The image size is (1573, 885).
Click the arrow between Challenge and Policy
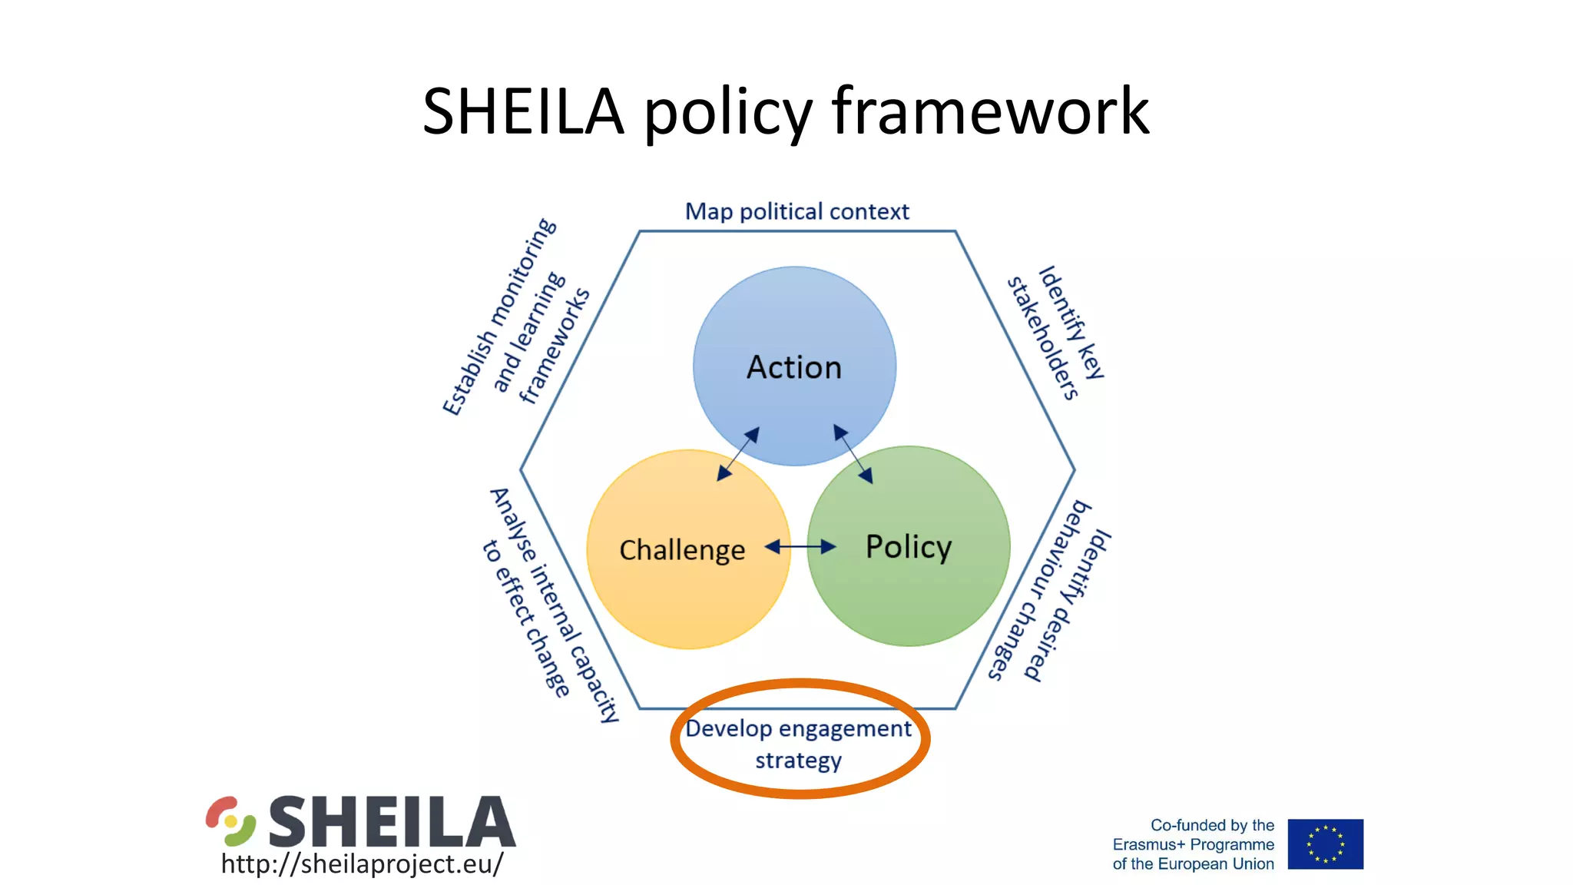coord(800,547)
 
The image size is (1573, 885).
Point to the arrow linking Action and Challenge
coord(738,454)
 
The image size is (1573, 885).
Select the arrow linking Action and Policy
coord(853,453)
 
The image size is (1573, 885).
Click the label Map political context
coord(796,211)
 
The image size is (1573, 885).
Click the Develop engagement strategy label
coord(799,744)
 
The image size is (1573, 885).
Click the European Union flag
coord(1325,844)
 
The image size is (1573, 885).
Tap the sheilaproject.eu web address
coord(362,863)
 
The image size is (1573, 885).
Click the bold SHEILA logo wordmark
coord(392,821)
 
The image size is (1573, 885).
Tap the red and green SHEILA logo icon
coord(230,820)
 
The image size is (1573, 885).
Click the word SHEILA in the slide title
coord(523,111)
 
